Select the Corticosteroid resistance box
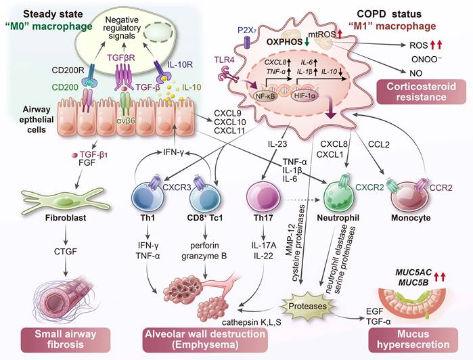(417, 106)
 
